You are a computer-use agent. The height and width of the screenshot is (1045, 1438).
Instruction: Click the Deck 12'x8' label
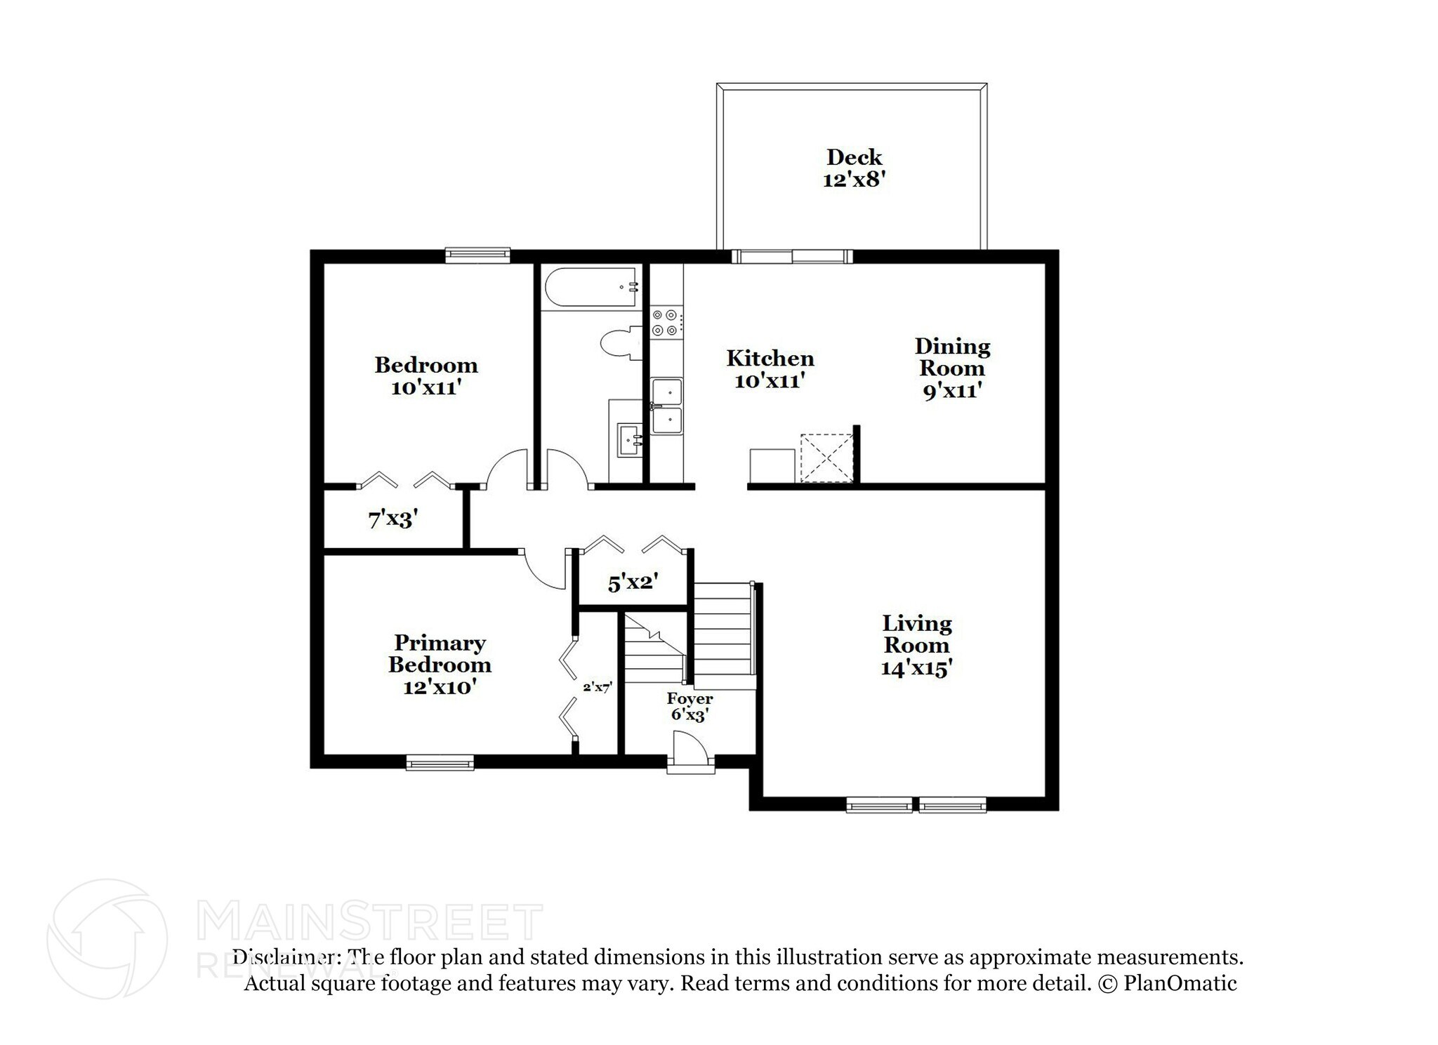tap(854, 168)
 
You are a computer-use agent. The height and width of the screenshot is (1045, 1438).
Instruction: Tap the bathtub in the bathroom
tap(591, 287)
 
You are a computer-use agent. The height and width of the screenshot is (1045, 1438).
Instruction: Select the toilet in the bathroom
tap(621, 343)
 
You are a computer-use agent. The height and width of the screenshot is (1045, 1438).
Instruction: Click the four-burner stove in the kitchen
tap(665, 323)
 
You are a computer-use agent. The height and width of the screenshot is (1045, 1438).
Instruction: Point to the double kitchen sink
tap(666, 406)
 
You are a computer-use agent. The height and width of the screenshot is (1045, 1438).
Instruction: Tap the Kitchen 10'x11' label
tap(770, 369)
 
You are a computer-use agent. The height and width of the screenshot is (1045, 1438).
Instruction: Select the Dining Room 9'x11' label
tap(951, 368)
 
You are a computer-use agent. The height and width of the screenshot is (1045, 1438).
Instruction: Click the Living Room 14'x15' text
tap(916, 645)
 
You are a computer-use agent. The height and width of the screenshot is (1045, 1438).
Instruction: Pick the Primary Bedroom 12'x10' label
tap(440, 664)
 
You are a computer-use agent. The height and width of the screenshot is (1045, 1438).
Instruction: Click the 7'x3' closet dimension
tap(393, 519)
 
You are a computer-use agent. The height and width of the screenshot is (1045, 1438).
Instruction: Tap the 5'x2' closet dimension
tap(633, 583)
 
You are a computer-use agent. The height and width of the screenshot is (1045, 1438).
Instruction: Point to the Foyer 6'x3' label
tap(690, 707)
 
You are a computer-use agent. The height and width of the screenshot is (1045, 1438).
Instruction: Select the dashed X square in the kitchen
tap(826, 458)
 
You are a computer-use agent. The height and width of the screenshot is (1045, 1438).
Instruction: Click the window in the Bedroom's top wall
tap(478, 255)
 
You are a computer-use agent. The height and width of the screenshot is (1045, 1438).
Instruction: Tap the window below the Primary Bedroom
tap(440, 763)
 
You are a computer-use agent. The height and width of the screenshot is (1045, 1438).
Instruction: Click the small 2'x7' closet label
tap(598, 688)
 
